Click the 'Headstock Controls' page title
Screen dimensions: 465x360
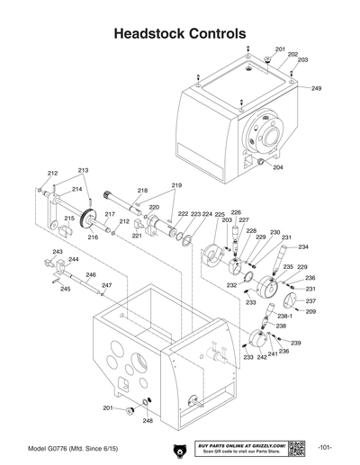(x=180, y=32)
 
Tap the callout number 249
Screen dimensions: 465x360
(x=316, y=89)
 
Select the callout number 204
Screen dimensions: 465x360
(x=277, y=167)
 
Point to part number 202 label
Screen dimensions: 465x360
(x=292, y=54)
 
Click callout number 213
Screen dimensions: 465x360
(x=83, y=170)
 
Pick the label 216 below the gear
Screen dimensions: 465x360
(x=93, y=237)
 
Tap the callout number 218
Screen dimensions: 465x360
(x=142, y=191)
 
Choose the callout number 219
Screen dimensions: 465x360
(x=176, y=185)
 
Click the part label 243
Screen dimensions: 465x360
(x=58, y=252)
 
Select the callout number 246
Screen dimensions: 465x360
(x=90, y=274)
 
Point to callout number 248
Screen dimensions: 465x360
(x=148, y=420)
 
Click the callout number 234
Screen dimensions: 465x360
(x=303, y=246)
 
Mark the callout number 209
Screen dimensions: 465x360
(x=310, y=311)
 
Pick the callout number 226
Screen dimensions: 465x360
(x=236, y=212)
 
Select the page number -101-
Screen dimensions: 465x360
(x=328, y=447)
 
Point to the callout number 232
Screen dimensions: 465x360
(x=231, y=284)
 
